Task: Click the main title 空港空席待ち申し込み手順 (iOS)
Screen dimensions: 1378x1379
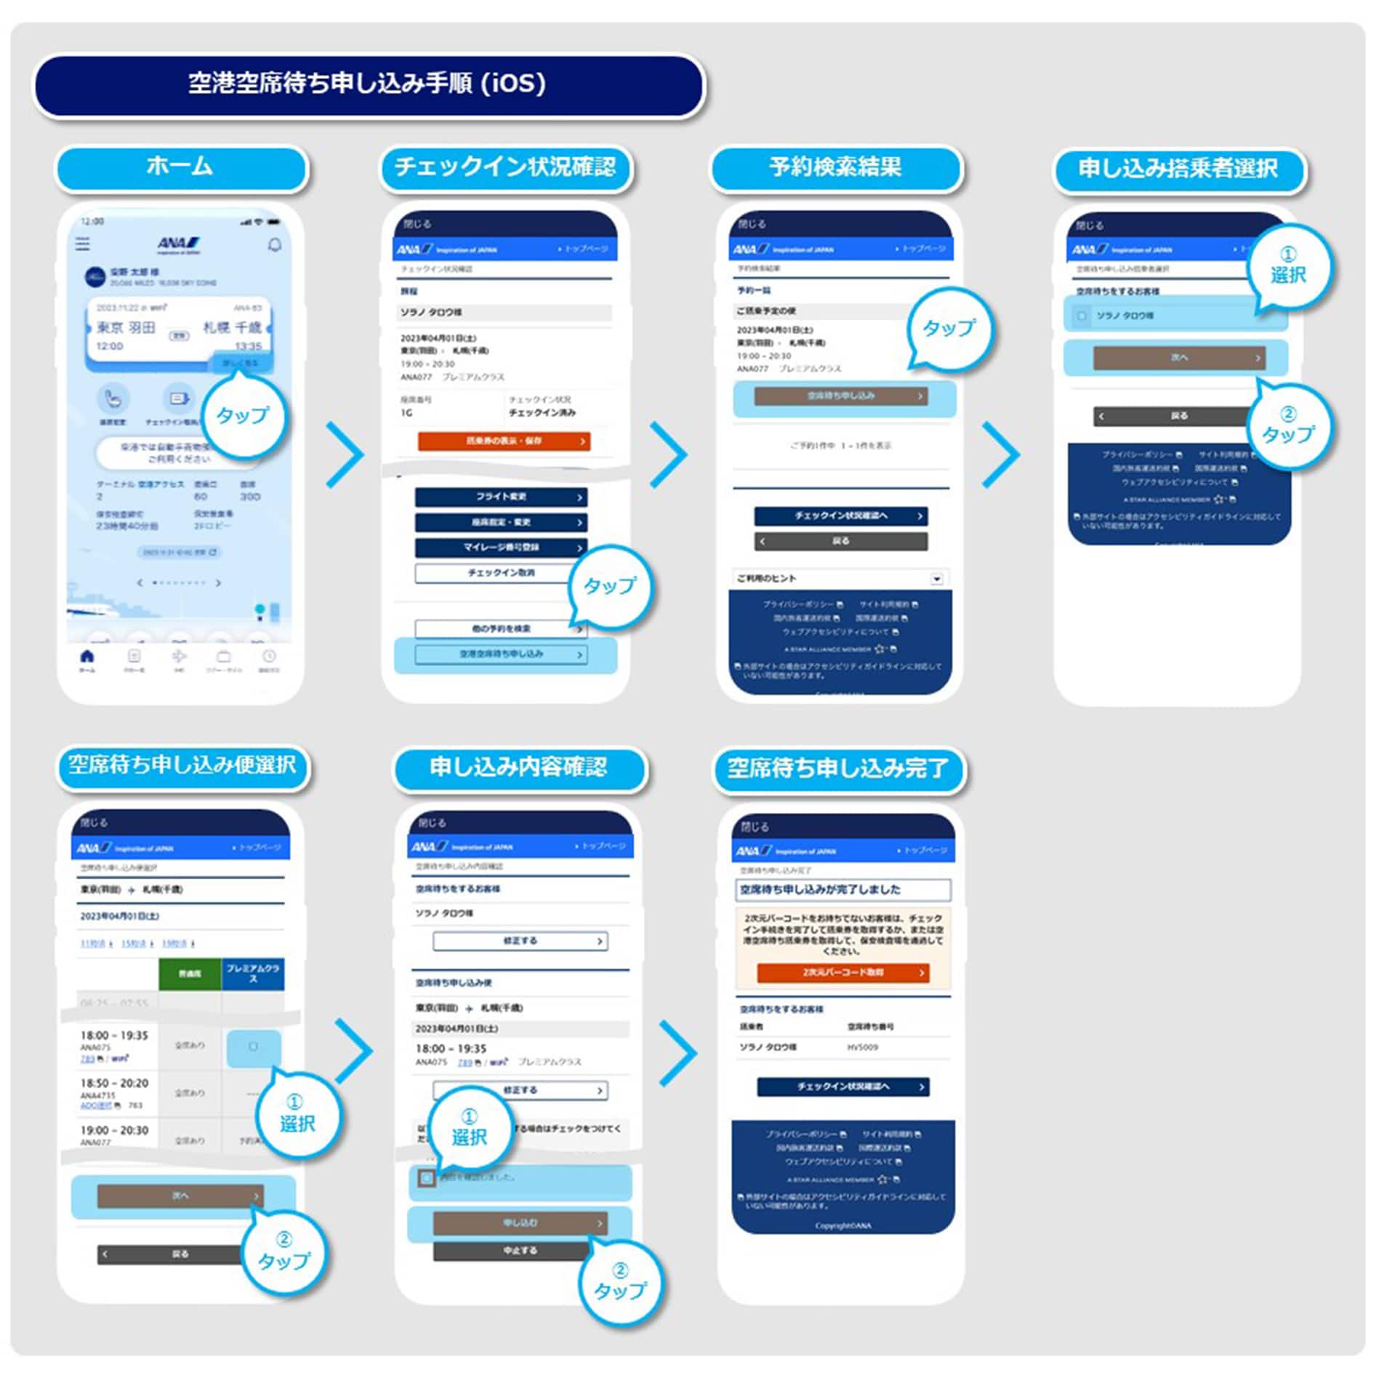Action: [368, 84]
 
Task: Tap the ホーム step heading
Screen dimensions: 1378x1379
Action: [180, 167]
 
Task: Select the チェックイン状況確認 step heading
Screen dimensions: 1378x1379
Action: [505, 167]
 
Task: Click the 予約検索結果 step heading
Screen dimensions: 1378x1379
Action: [835, 167]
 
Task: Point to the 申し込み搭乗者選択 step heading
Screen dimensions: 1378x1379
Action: [1178, 169]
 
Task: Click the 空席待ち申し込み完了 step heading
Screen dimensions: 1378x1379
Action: [838, 768]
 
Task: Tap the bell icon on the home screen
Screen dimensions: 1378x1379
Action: [275, 245]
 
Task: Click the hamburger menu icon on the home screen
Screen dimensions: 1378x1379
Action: [83, 244]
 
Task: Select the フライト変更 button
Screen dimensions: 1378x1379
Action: [501, 497]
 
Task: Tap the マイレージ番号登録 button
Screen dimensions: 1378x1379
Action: [501, 547]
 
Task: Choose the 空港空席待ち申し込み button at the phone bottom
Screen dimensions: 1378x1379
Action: [501, 654]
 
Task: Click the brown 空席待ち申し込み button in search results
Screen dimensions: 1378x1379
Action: [841, 396]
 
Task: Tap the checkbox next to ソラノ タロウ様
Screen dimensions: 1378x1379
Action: [1082, 316]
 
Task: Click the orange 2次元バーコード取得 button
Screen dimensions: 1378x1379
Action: [843, 972]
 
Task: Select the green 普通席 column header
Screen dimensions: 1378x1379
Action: [190, 974]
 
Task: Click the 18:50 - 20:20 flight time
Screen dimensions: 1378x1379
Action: [114, 1083]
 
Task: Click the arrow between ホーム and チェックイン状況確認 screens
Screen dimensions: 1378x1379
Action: [345, 454]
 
